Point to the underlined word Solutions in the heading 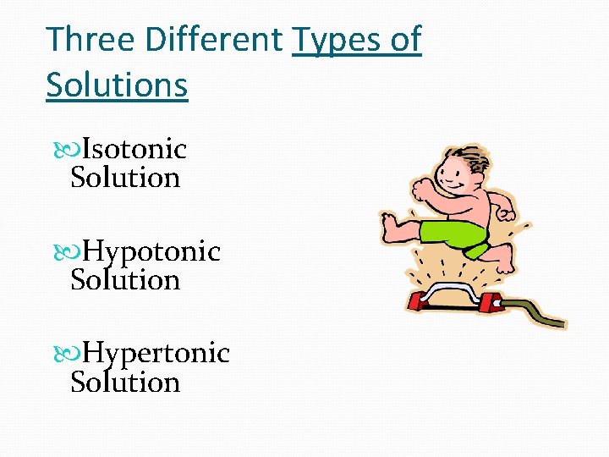click(x=117, y=85)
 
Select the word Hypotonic click(x=152, y=252)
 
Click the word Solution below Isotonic click(x=125, y=178)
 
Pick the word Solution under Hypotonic click(x=125, y=280)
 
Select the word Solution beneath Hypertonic click(x=125, y=383)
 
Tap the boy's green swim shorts click(x=458, y=234)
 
